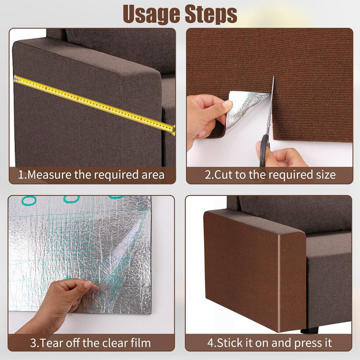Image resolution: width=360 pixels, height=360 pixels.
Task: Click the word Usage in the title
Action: (x=152, y=14)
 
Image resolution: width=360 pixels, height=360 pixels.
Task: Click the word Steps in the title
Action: (x=211, y=14)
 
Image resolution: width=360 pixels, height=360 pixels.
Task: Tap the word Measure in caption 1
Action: (x=49, y=174)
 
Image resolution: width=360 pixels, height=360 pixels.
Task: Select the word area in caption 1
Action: (x=153, y=175)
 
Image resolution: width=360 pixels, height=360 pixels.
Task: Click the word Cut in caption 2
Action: (x=222, y=174)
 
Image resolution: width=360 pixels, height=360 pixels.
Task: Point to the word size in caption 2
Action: (x=326, y=174)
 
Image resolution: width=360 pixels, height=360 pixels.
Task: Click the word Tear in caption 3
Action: (x=50, y=343)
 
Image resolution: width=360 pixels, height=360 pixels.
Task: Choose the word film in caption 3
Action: (x=140, y=343)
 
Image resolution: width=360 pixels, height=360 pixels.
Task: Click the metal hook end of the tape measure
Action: (x=16, y=78)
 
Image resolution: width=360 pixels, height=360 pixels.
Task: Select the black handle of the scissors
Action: (x=264, y=150)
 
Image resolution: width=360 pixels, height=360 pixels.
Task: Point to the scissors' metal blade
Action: (x=270, y=105)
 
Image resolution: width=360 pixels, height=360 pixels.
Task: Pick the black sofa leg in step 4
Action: (x=309, y=330)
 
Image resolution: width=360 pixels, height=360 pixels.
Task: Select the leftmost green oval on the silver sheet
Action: (x=29, y=200)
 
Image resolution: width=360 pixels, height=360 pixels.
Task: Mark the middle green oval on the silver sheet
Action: (x=71, y=199)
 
